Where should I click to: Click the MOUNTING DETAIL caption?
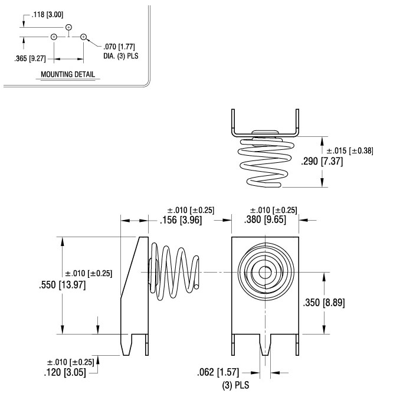pos(68,75)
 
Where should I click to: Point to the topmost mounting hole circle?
pos(69,27)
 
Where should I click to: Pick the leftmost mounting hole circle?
pos(54,37)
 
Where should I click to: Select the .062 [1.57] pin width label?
pos(222,372)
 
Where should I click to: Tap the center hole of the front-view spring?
pos(264,273)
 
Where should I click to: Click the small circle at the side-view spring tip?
pos(195,287)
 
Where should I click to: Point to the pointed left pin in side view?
pos(125,345)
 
